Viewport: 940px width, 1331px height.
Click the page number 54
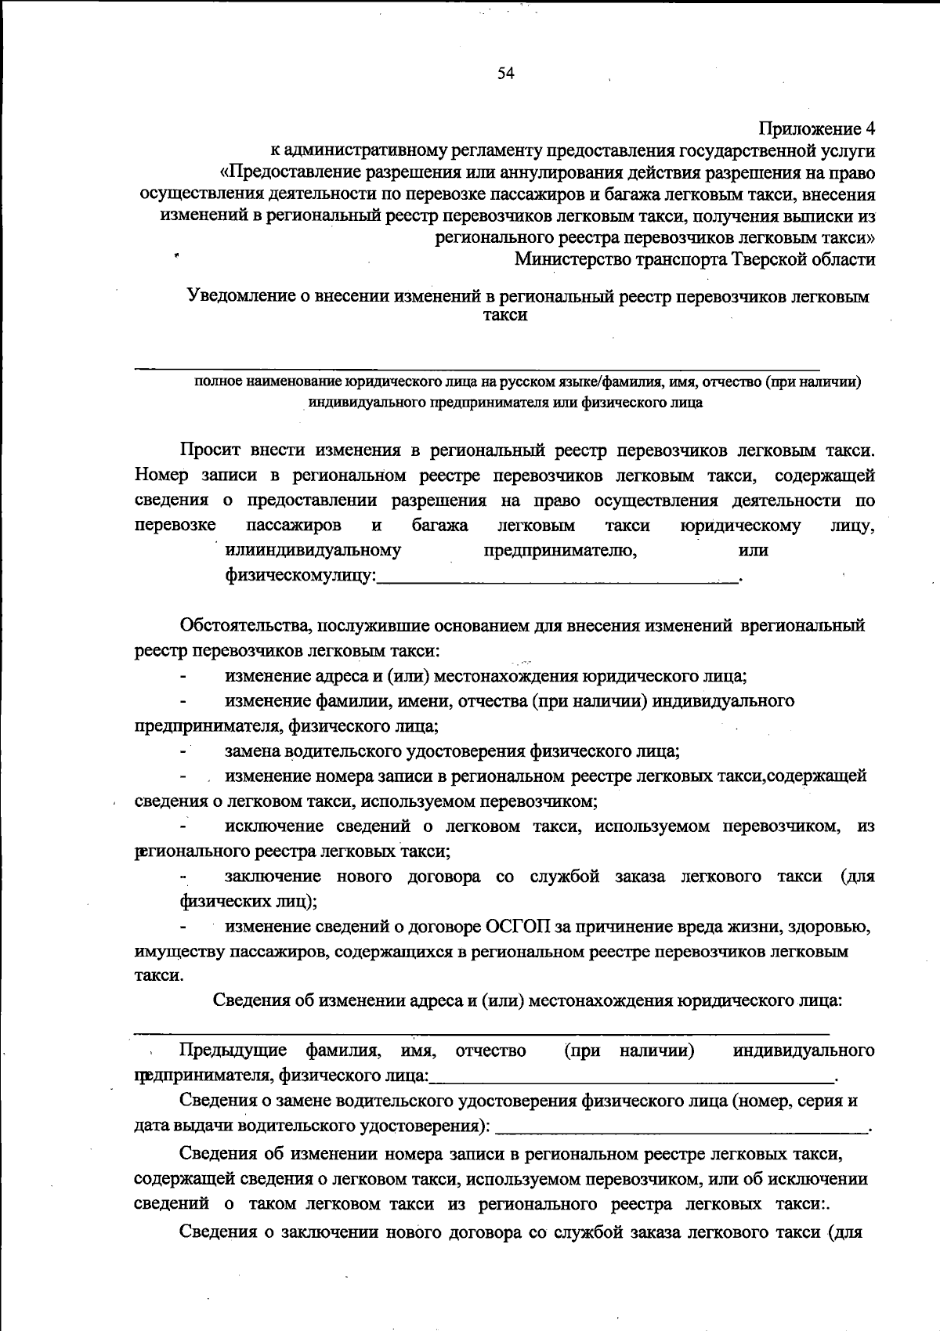(505, 74)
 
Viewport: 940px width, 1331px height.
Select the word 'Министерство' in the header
(564, 259)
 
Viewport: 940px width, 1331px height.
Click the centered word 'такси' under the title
(505, 316)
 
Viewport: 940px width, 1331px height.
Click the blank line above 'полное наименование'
(478, 367)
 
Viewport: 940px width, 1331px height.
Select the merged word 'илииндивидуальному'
(313, 551)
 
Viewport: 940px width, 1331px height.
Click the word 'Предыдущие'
(233, 1051)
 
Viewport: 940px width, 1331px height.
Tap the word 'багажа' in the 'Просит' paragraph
(440, 526)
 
